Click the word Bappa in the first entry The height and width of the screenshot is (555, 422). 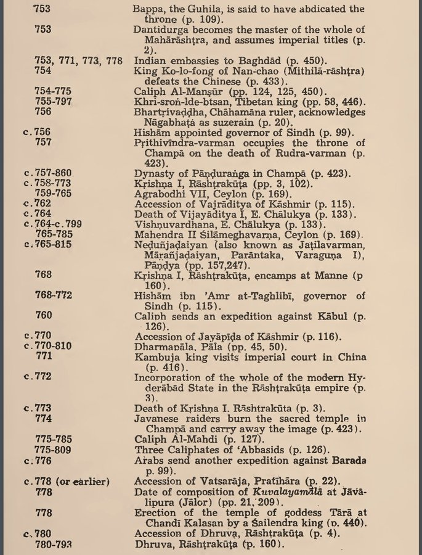click(x=148, y=9)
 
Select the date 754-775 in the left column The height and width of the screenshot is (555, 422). click(x=54, y=91)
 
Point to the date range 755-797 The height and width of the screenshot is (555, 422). click(x=54, y=102)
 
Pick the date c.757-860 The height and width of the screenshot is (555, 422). click(x=47, y=173)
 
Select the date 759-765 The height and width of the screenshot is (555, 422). click(x=54, y=194)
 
